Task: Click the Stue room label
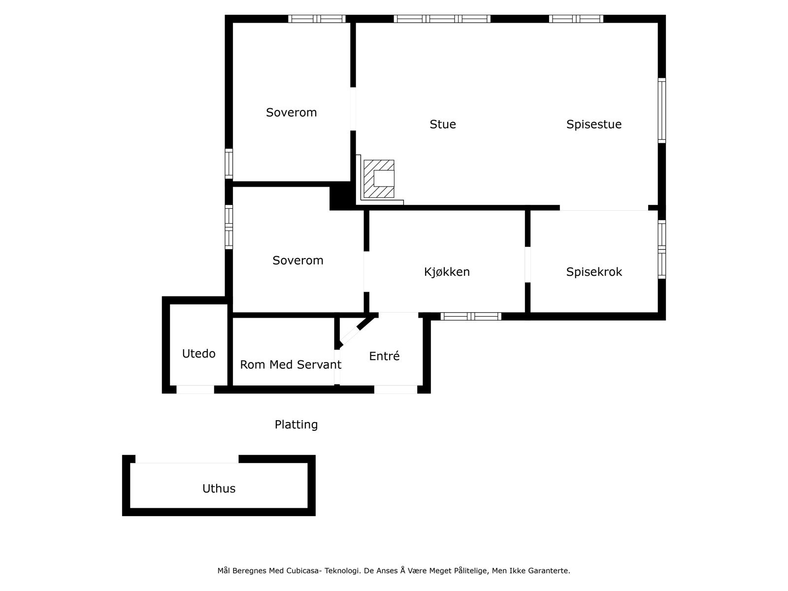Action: pos(443,124)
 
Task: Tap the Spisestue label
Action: pos(593,124)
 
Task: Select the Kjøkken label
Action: pos(447,272)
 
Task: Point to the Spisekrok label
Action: pos(594,272)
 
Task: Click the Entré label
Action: pos(384,356)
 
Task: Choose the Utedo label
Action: pos(198,354)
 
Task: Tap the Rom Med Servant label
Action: pos(290,365)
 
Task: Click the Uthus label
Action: pos(219,489)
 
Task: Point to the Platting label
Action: pos(296,425)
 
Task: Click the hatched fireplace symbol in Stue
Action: pos(379,178)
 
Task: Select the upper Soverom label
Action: pos(291,112)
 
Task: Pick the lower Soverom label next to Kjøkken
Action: pos(297,261)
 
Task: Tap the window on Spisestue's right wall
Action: pos(662,111)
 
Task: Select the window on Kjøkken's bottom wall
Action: pos(471,316)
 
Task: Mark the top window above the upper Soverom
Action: pos(317,19)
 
